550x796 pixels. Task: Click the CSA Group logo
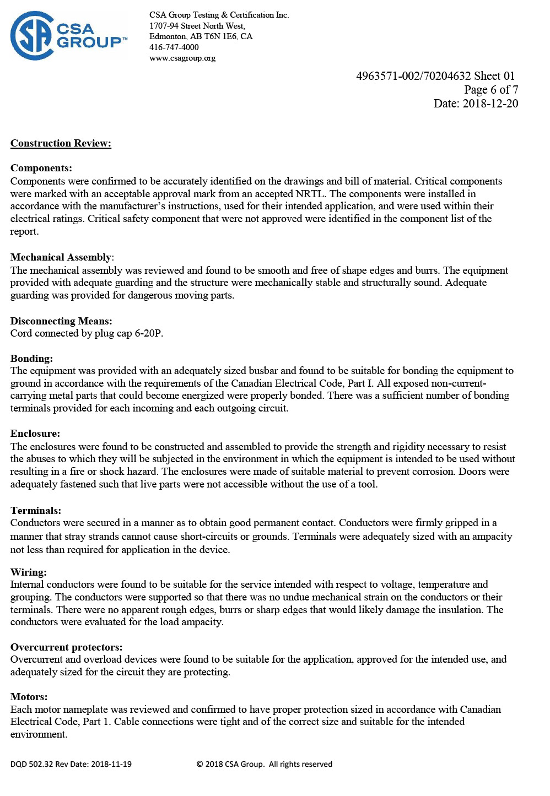(68, 36)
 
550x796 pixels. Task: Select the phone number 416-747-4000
(174, 47)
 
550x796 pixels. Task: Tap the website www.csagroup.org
(182, 58)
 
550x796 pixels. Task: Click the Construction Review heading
(61, 143)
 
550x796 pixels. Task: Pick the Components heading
(41, 168)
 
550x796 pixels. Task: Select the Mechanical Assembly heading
(61, 257)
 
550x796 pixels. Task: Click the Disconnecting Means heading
(61, 321)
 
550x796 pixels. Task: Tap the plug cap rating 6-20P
(149, 333)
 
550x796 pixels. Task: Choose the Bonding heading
(31, 358)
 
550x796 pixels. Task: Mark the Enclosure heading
(35, 434)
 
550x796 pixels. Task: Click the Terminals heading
(36, 510)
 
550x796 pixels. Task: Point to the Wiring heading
(29, 572)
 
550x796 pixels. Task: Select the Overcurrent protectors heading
(66, 647)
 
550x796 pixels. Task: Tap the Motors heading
(29, 696)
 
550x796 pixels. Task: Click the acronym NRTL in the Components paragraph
(310, 194)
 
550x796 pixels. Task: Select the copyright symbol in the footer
(199, 764)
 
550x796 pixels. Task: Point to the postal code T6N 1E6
(221, 36)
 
